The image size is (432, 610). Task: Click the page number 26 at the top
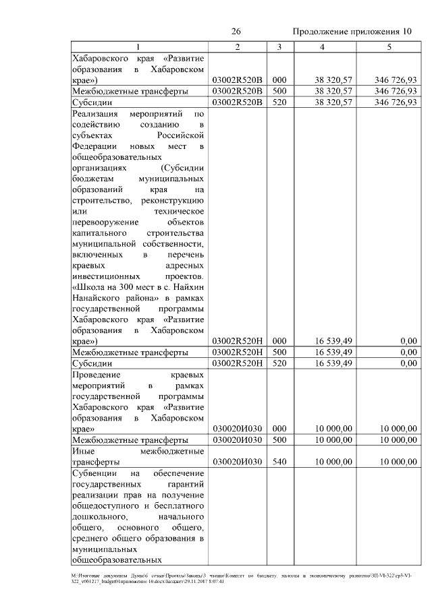(236, 32)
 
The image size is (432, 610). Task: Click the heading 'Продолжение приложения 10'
(352, 32)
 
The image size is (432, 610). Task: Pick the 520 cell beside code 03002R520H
(279, 363)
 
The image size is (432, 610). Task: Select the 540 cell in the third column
(279, 462)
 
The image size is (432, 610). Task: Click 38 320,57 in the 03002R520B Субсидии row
(333, 102)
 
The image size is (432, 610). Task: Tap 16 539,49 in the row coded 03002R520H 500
(333, 352)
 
